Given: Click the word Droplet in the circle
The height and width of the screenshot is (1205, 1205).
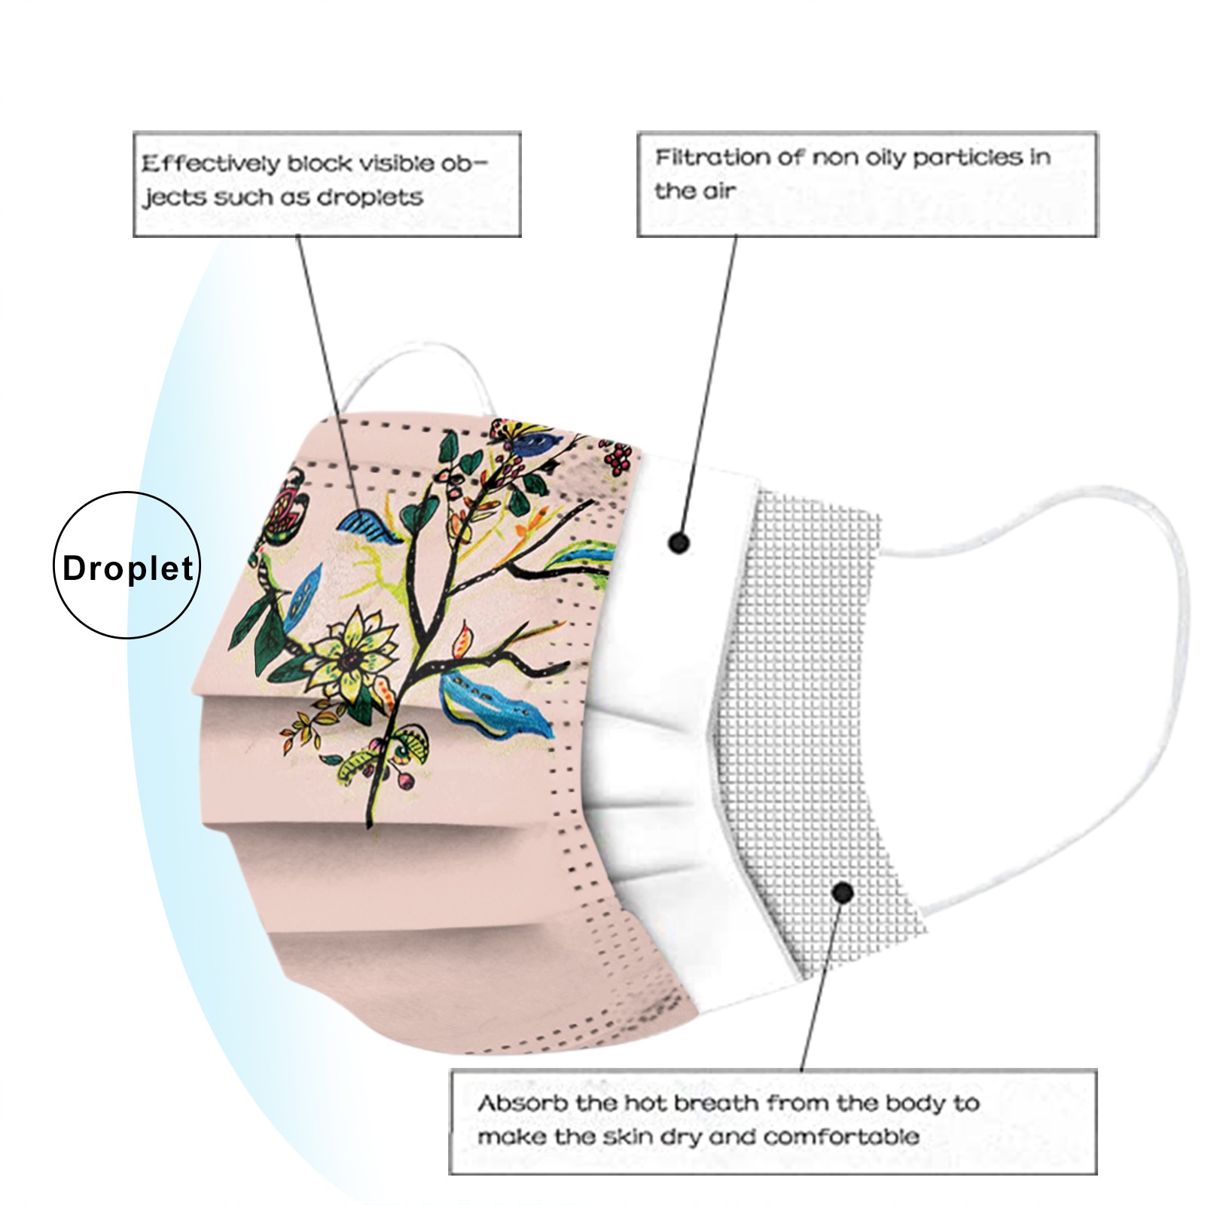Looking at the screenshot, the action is [x=128, y=568].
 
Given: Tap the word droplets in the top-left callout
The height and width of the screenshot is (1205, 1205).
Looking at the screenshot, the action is [x=370, y=197].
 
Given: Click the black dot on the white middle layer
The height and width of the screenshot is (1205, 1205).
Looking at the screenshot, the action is [x=679, y=542].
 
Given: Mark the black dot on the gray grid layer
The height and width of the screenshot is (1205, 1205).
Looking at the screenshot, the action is [x=843, y=893].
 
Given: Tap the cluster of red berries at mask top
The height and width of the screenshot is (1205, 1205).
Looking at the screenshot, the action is [x=618, y=456].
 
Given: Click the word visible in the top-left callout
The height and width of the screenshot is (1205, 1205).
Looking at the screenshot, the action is [x=395, y=163].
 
